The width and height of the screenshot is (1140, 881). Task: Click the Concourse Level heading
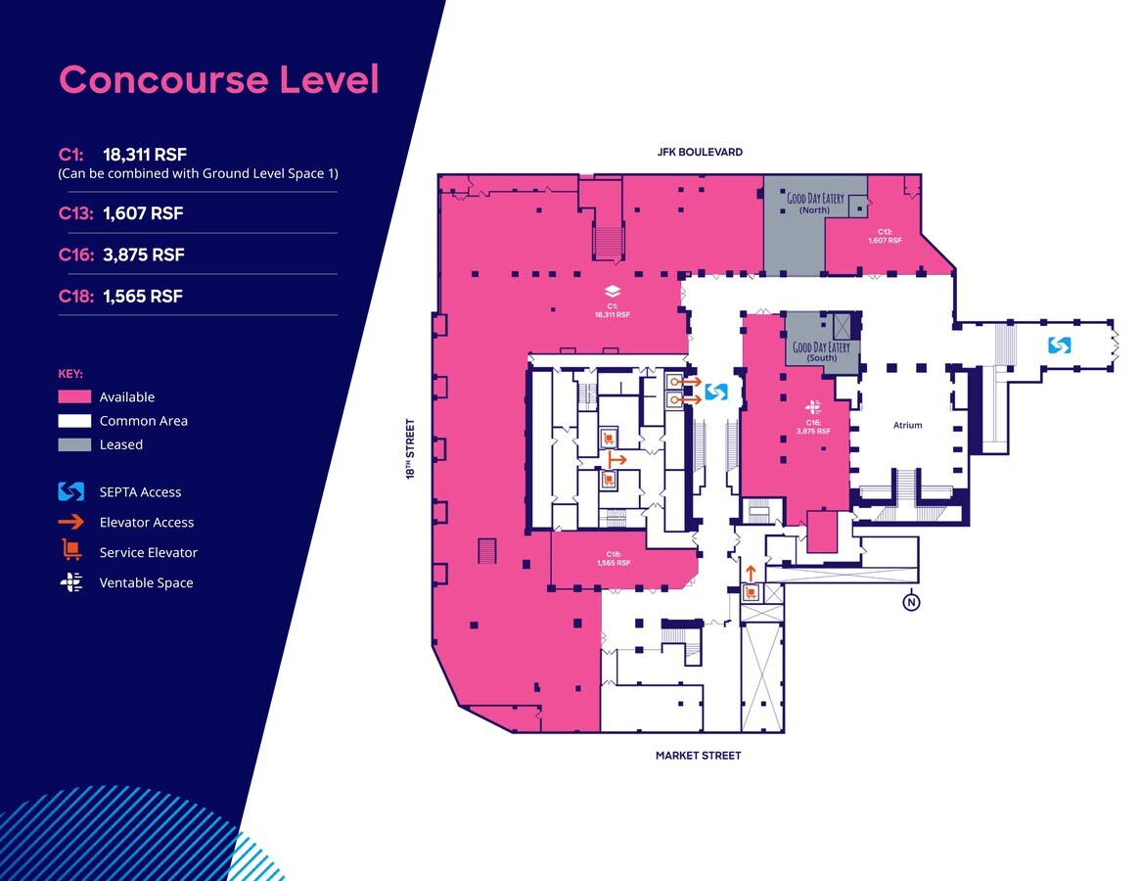coord(218,79)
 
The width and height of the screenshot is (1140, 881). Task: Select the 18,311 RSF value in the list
coord(144,154)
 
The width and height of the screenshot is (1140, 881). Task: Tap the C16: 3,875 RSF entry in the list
coord(121,255)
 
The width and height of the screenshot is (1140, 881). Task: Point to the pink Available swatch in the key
coord(74,396)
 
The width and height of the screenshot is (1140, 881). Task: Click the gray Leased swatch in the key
coord(74,444)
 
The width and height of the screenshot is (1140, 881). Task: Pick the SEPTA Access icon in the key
coord(72,491)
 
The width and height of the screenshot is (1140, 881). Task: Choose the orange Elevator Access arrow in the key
coord(72,522)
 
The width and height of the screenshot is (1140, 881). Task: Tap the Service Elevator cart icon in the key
coord(70,551)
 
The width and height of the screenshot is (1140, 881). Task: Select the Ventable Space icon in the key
coord(71,582)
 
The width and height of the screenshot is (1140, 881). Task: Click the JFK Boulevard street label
coord(700,152)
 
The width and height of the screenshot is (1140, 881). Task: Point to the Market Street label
coord(698,756)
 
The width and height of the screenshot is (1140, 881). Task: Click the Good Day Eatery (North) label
coord(814,204)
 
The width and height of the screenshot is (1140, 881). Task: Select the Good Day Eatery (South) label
coord(821,351)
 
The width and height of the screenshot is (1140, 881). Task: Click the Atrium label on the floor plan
coord(907,425)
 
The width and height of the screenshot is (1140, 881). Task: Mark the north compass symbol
coord(911,602)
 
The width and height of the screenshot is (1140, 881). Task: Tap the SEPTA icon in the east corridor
coord(1059,345)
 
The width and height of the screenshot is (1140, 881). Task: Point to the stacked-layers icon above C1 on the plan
coord(612,291)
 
